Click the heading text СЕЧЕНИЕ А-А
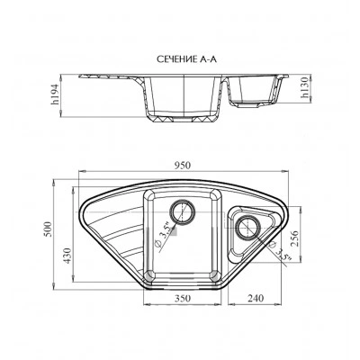tap(186, 59)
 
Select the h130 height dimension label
tap(305, 87)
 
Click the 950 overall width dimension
tap(183, 165)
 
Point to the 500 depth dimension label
tap(48, 229)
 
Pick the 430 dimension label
tap(67, 256)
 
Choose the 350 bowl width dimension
tap(183, 298)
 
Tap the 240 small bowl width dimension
tap(256, 298)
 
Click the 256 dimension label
tap(296, 238)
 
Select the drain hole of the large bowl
tap(182, 211)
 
